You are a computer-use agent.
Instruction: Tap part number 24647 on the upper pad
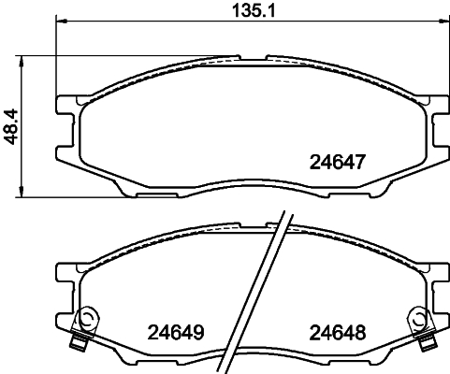336,160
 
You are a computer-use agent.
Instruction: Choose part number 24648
336,332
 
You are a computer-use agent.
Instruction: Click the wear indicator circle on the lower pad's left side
87,318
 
